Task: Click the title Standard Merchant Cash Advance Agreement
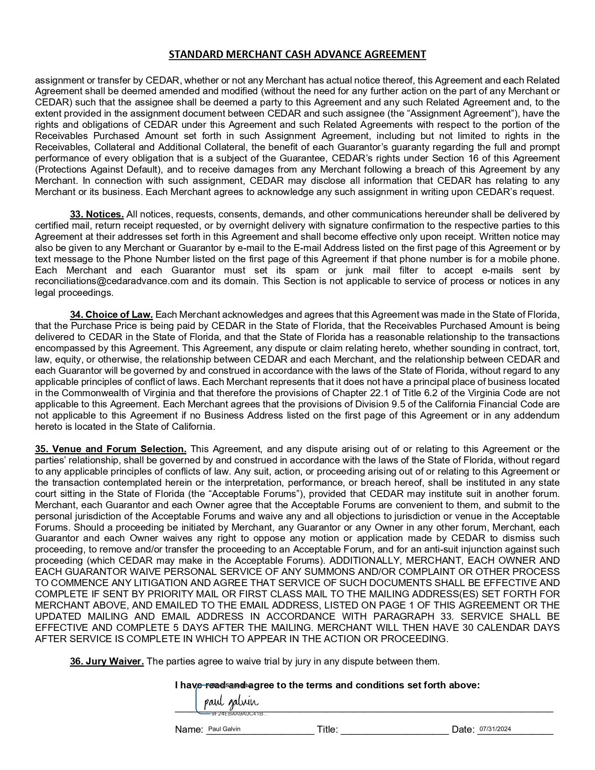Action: (297, 55)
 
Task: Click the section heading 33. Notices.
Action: (97, 214)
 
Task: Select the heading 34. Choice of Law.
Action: (112, 315)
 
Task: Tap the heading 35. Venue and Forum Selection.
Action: (111, 449)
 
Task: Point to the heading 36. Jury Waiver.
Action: (107, 661)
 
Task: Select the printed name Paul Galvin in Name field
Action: (224, 729)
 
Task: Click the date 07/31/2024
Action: (495, 729)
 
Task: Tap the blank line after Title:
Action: (394, 730)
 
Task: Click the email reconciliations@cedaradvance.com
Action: (112, 281)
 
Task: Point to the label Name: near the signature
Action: (189, 730)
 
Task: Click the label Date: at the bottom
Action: (463, 730)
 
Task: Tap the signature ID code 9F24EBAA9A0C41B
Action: (238, 714)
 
